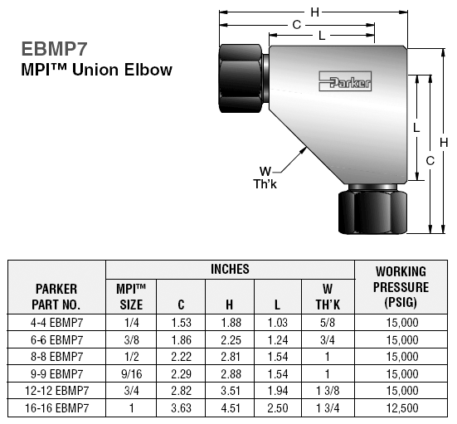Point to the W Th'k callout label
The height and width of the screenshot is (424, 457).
coord(265,178)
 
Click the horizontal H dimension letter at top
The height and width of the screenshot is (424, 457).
coord(314,12)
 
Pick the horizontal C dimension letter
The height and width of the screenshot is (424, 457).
coord(295,25)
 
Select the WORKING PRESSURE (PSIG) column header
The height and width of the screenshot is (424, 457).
coord(401,287)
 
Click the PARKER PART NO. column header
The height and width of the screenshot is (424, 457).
coord(56,296)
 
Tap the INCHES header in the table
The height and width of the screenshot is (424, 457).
coord(230,270)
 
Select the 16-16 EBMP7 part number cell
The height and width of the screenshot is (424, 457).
coord(56,408)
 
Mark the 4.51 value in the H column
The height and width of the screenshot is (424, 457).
coord(229,408)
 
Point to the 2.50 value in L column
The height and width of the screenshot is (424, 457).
coord(277,408)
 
